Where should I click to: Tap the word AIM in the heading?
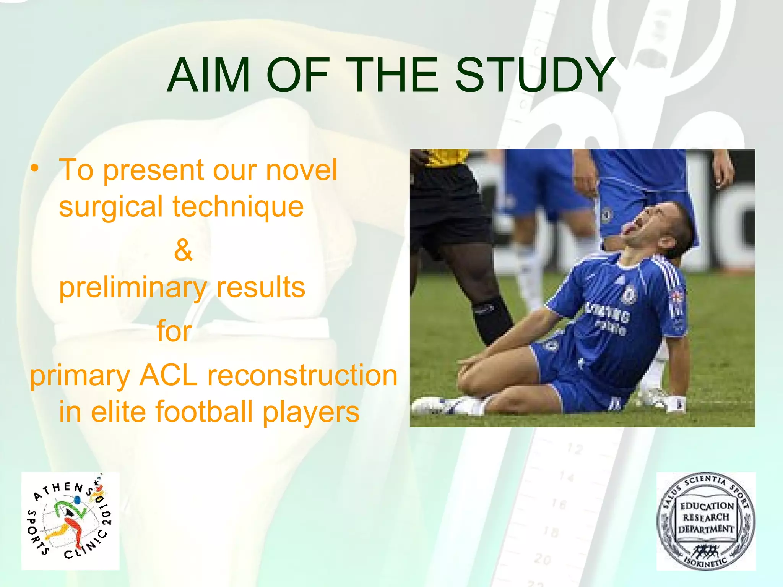(x=208, y=75)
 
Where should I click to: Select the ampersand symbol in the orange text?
(x=183, y=250)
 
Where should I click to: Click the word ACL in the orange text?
(x=168, y=375)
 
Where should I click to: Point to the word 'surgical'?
(x=111, y=207)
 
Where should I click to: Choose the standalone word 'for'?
(x=174, y=331)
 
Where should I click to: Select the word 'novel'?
(x=301, y=170)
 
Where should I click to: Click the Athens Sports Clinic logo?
(x=70, y=521)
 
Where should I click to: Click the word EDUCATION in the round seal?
(x=707, y=506)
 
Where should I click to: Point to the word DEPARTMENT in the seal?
(x=706, y=530)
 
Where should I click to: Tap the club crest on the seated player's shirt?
(x=629, y=295)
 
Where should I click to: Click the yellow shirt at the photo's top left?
(x=445, y=157)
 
